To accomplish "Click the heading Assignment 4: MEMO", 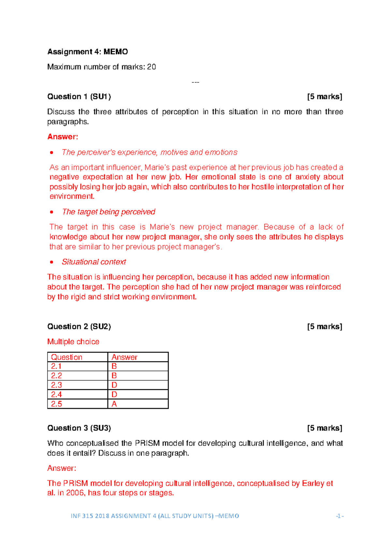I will click(87, 52).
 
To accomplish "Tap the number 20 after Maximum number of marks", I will click(152, 67).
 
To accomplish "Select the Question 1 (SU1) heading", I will click(79, 97).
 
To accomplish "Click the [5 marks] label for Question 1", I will click(325, 97).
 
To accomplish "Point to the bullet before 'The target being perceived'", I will click(51, 212).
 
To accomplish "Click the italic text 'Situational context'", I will click(94, 262).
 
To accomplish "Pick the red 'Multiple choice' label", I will click(73, 342).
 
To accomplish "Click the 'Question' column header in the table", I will click(66, 357).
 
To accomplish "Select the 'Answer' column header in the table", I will click(124, 357).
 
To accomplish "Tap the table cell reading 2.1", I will click(56, 366).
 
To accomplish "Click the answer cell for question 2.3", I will click(114, 385).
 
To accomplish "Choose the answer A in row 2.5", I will click(114, 404).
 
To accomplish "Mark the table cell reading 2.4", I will click(56, 395).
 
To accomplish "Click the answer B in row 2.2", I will click(114, 376).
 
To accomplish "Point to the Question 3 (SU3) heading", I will click(79, 428).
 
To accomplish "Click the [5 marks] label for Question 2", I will click(325, 326).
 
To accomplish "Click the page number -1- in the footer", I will click(340, 516).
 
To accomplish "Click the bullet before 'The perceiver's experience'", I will click(51, 153).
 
